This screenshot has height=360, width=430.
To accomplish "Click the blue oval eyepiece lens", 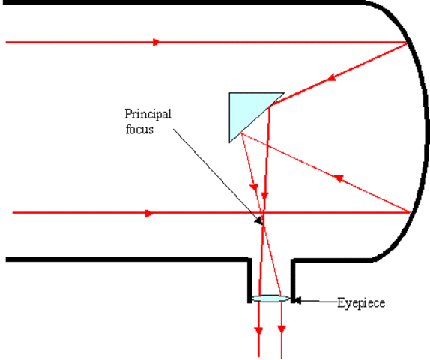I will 270,298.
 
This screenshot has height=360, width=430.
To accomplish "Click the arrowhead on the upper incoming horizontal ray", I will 156,42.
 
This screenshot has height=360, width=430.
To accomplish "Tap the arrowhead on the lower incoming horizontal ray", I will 150,214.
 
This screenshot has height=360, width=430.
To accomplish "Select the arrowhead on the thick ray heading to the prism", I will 330,76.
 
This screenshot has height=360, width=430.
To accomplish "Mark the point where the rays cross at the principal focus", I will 262,220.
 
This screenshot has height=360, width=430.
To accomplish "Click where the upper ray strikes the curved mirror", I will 408,43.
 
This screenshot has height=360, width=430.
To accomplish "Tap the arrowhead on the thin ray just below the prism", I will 255,185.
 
